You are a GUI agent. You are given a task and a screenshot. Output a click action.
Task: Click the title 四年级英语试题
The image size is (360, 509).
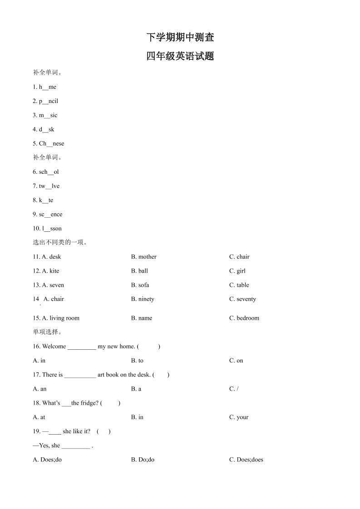(x=180, y=57)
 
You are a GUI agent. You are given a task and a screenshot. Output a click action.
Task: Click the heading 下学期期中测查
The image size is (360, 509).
(x=180, y=37)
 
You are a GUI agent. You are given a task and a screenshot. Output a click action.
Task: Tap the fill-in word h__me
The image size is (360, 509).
(x=48, y=87)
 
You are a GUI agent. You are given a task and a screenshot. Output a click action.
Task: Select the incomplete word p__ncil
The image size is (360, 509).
(x=49, y=101)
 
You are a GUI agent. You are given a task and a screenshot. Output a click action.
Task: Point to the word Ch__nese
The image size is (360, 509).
(x=51, y=144)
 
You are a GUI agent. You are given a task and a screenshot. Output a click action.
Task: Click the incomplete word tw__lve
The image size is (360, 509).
(x=49, y=186)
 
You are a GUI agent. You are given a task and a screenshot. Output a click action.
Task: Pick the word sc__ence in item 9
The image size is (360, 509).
(x=50, y=215)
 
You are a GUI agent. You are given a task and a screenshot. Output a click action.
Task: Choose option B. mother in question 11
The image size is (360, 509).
(x=143, y=257)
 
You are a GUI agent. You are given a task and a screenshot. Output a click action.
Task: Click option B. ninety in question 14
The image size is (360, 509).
(x=143, y=299)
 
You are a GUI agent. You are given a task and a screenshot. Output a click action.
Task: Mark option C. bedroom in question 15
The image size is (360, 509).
(x=244, y=318)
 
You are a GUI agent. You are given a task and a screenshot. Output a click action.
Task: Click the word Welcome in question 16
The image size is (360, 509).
(x=54, y=347)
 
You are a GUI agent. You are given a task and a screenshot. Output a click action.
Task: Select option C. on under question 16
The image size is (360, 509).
(x=236, y=361)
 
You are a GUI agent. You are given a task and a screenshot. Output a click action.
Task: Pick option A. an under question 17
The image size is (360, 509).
(x=40, y=389)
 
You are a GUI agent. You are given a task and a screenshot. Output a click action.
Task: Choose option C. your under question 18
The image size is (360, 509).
(x=239, y=417)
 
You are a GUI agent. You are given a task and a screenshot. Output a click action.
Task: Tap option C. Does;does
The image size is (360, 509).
(x=246, y=460)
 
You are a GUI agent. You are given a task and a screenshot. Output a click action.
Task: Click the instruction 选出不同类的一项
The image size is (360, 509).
(x=60, y=243)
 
